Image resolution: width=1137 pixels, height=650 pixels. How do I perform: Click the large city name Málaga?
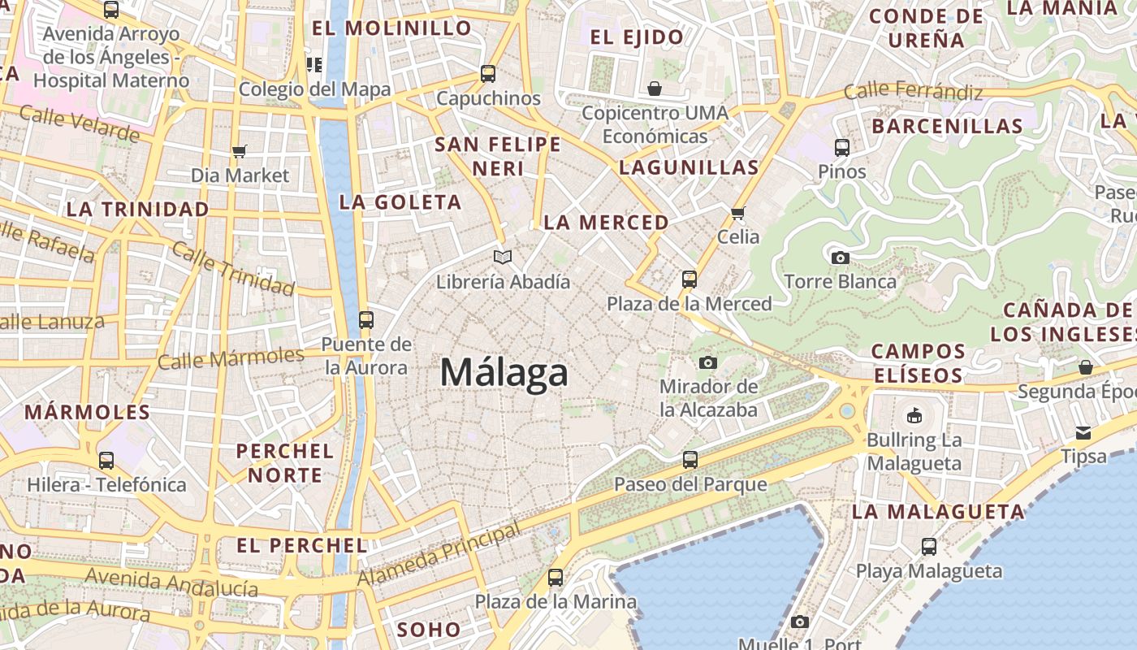click(x=504, y=373)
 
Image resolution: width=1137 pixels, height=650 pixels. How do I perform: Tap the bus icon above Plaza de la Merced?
click(x=690, y=279)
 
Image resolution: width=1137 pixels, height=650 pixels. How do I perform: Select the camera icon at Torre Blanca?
click(x=841, y=258)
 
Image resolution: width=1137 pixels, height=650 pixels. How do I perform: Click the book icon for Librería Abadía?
click(x=503, y=258)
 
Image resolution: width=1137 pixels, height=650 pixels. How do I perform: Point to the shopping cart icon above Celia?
click(x=737, y=213)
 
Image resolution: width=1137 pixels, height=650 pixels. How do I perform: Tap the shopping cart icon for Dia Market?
click(x=239, y=151)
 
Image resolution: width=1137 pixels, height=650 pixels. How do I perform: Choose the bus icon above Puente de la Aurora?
click(x=366, y=319)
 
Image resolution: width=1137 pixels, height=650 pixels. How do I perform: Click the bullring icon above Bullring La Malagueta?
click(x=914, y=416)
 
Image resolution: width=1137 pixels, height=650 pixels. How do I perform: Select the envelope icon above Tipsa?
click(x=1083, y=432)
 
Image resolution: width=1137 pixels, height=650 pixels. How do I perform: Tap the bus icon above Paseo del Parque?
click(x=690, y=460)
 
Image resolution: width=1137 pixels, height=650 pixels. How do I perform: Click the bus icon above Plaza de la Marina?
click(x=556, y=578)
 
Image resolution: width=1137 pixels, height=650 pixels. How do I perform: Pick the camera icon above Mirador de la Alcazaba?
click(x=708, y=362)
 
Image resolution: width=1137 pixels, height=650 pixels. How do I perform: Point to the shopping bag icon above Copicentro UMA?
click(x=655, y=88)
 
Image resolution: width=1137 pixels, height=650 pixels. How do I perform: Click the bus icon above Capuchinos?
click(x=488, y=74)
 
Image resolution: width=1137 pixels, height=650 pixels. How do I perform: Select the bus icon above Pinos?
click(x=842, y=148)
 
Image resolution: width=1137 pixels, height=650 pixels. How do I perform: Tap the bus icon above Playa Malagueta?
click(x=929, y=547)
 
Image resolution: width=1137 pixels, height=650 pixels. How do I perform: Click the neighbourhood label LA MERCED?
click(x=606, y=223)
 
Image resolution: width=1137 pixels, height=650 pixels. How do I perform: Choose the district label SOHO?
click(x=429, y=629)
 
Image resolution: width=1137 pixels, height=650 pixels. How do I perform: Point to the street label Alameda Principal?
click(x=439, y=555)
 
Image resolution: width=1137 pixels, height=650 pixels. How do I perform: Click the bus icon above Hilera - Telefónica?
click(x=106, y=461)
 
